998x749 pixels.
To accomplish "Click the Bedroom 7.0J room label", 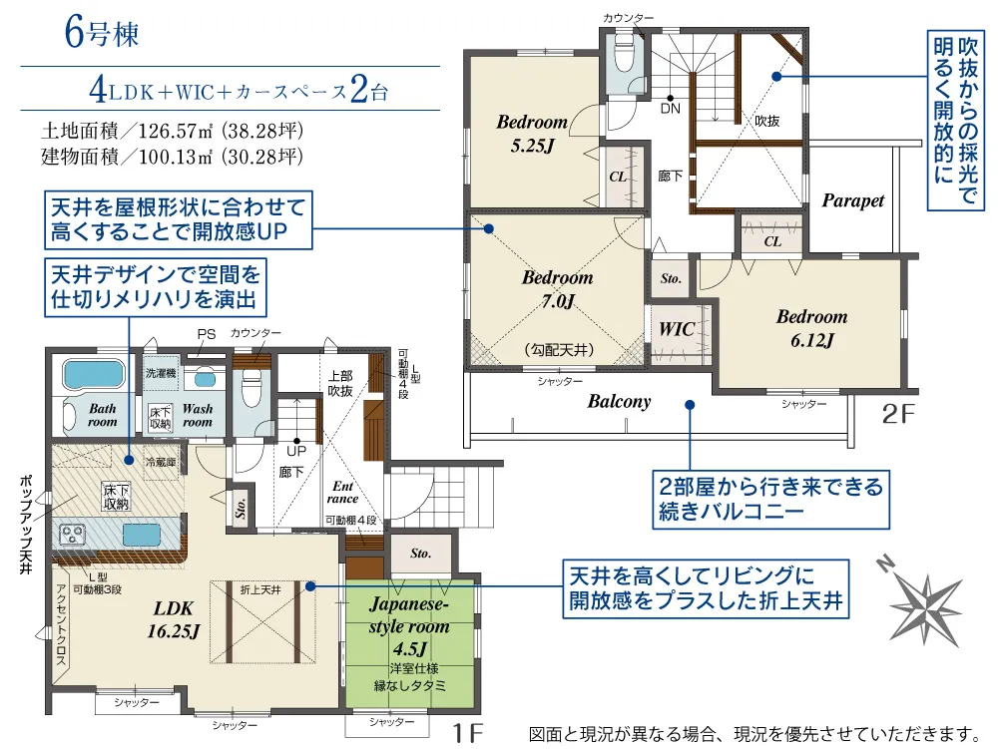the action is pyautogui.click(x=558, y=288).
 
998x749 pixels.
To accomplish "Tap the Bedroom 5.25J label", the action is pyautogui.click(x=532, y=134).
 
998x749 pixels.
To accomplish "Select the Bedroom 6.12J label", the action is pyautogui.click(x=812, y=328).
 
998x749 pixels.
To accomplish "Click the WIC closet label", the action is pyautogui.click(x=676, y=329).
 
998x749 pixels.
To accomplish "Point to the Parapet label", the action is pyautogui.click(x=853, y=200).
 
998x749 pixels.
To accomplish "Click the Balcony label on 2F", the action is pyautogui.click(x=620, y=402).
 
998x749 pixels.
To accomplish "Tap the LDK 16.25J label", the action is pyautogui.click(x=173, y=619).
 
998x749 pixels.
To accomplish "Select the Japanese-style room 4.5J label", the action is pyautogui.click(x=409, y=626).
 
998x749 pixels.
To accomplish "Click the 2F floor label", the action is pyautogui.click(x=898, y=414).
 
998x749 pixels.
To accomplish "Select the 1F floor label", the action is pyautogui.click(x=466, y=734).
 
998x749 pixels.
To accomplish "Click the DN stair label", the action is pyautogui.click(x=671, y=109).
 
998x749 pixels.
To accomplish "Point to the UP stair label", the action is pyautogui.click(x=296, y=452).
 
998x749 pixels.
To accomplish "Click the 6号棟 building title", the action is pyautogui.click(x=101, y=32).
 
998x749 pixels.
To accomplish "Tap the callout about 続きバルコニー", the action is pyautogui.click(x=770, y=500).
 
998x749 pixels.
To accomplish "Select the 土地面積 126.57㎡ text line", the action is pyautogui.click(x=172, y=131).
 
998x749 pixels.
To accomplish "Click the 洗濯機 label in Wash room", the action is pyautogui.click(x=161, y=373).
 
